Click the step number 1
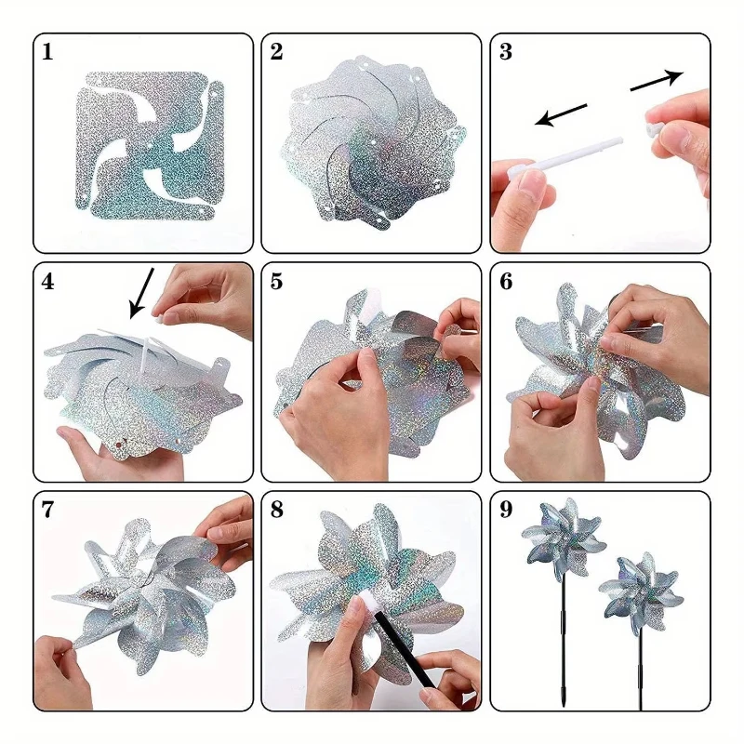click(x=47, y=52)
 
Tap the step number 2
click(x=276, y=52)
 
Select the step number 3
click(x=506, y=52)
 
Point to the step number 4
click(x=48, y=282)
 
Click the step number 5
click(x=276, y=282)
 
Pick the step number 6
click(x=506, y=282)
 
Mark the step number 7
click(x=47, y=510)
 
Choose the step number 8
click(x=276, y=510)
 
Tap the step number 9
click(x=506, y=510)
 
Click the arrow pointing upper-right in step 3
click(x=657, y=80)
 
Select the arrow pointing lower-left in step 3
click(x=561, y=115)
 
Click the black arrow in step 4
click(x=141, y=293)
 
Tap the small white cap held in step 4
click(x=158, y=315)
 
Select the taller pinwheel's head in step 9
click(x=564, y=539)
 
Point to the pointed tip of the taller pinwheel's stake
click(x=564, y=707)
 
